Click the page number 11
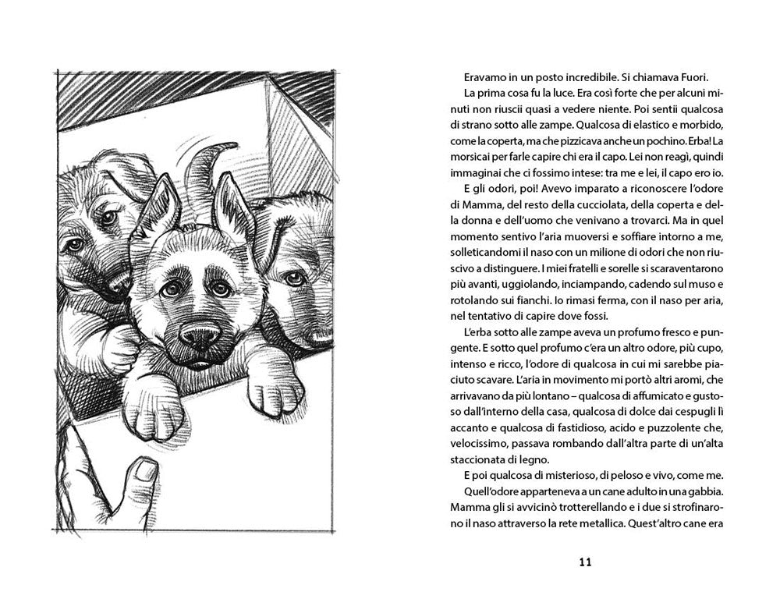[587, 561]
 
